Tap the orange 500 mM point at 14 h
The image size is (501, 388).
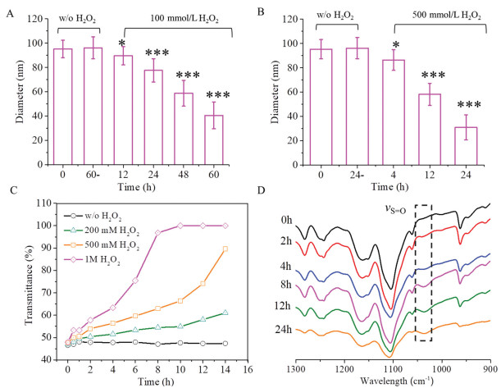pyautogui.click(x=225, y=249)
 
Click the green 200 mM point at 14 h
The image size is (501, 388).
pyautogui.click(x=225, y=313)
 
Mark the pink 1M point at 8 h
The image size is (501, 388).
pyautogui.click(x=157, y=233)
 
